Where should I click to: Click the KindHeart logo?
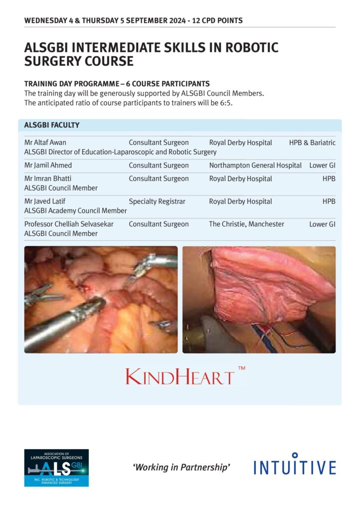coord(180,376)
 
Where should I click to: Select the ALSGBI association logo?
coord(56,468)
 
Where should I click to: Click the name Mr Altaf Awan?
coord(45,143)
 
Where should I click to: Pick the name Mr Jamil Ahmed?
coord(48,165)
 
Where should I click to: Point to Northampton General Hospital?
coord(255,165)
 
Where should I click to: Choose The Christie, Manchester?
coord(246,224)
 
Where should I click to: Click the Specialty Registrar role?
coord(157,202)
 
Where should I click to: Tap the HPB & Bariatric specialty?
coord(312,143)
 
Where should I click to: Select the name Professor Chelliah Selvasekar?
coord(69,224)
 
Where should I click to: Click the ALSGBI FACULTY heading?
coord(52,125)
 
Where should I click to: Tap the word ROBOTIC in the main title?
coord(247,48)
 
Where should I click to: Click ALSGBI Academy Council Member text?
coord(75,211)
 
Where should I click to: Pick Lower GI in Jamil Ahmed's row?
coord(322,165)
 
